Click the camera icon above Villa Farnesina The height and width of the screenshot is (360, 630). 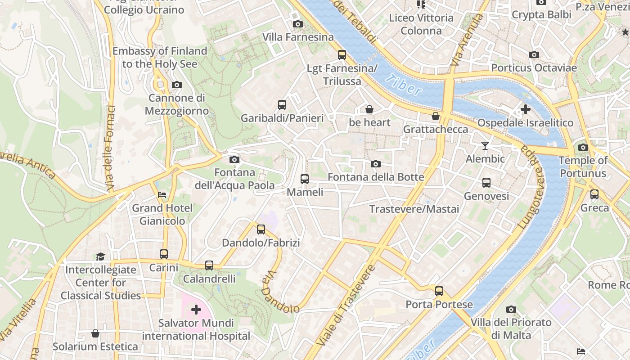297,24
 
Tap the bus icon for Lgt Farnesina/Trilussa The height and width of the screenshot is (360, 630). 342,55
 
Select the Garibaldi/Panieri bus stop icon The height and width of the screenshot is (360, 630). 282,105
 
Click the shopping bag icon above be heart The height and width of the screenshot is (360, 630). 369,109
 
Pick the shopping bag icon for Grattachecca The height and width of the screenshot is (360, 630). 435,116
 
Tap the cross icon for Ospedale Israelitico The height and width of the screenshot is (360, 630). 525,109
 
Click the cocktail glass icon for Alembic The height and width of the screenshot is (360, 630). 485,145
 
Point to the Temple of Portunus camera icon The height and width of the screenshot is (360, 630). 583,147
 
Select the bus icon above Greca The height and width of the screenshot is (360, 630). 594,194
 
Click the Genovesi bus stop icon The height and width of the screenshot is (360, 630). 486,183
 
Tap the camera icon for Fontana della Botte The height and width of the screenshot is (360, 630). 376,164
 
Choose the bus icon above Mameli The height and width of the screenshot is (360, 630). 305,179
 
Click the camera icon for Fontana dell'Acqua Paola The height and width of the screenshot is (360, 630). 234,159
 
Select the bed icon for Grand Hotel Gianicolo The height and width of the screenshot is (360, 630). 162,195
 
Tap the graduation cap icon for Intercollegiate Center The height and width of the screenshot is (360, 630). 100,256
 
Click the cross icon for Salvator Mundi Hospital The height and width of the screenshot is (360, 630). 196,310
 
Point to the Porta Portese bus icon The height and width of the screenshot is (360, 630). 439,291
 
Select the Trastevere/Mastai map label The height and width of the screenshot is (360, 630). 414,209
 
